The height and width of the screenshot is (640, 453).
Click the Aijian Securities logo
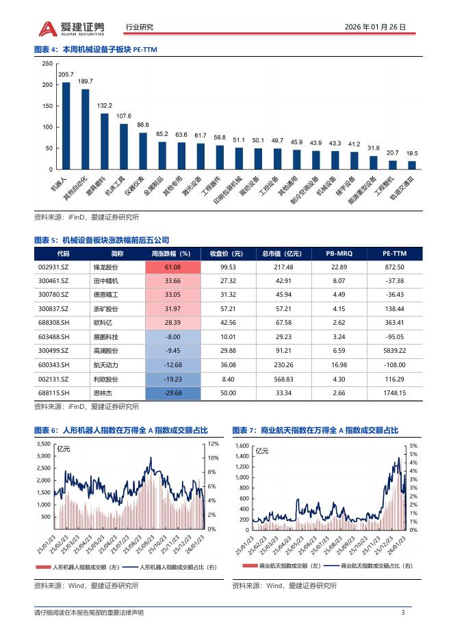click(72, 27)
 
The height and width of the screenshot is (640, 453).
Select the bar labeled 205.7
click(66, 125)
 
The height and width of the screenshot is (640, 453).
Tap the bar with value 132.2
click(105, 141)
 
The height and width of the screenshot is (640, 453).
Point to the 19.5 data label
click(412, 154)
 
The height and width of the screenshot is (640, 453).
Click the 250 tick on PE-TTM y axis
click(47, 64)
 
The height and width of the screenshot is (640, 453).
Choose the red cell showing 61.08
click(172, 267)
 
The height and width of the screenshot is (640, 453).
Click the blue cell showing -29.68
click(172, 392)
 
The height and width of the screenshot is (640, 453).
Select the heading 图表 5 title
click(101, 240)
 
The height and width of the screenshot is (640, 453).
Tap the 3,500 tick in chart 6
click(42, 444)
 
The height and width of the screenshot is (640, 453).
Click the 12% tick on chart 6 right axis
click(212, 444)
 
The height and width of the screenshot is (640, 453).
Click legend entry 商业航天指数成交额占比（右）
click(370, 566)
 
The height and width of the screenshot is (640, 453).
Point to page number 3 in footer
click(402, 612)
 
